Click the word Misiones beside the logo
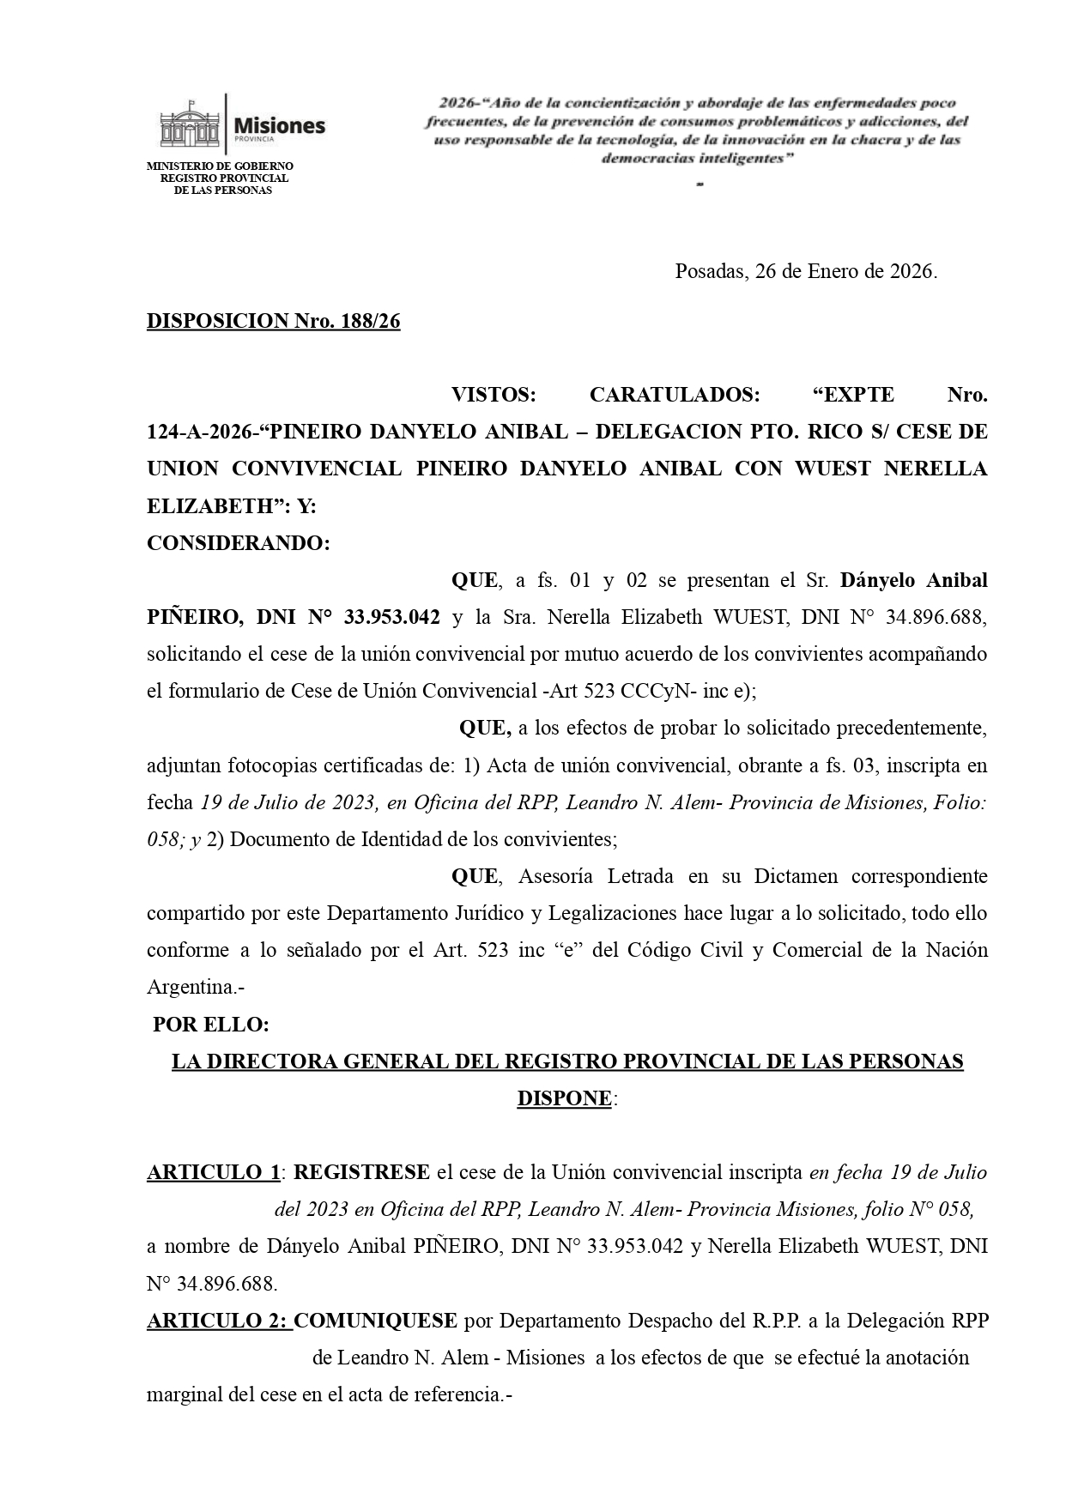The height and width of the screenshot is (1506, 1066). tap(280, 125)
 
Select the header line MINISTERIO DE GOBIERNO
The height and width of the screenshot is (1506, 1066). tap(220, 166)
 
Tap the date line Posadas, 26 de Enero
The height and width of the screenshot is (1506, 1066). tap(805, 272)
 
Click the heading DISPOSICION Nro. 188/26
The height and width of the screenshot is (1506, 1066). tap(273, 321)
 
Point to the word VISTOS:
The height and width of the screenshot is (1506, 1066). tap(493, 395)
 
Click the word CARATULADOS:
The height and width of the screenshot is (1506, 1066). tap(674, 395)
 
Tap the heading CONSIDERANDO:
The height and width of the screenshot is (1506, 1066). tap(238, 543)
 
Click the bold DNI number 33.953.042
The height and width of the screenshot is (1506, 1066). tap(392, 617)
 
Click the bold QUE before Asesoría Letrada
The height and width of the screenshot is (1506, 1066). tap(474, 876)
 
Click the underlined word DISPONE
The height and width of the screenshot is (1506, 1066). tap(564, 1098)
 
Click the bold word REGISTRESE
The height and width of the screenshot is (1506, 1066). tap(361, 1172)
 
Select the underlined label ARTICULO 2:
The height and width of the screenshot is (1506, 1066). tap(219, 1321)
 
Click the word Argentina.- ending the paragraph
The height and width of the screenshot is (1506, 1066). tap(196, 988)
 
